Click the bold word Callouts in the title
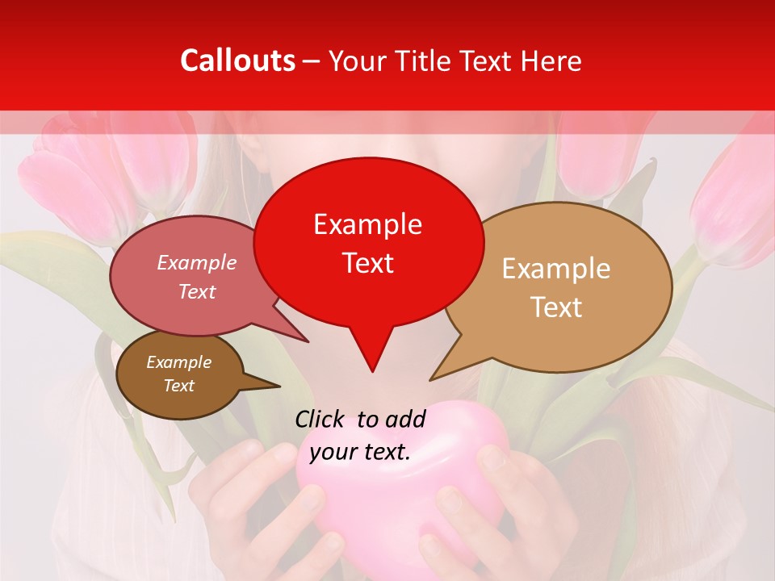click(x=237, y=61)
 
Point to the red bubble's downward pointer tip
click(x=371, y=371)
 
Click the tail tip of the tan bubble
click(x=430, y=379)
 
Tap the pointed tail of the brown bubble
click(x=279, y=387)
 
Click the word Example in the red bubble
click(x=367, y=224)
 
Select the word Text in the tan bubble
click(x=556, y=307)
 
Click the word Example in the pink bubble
click(x=197, y=262)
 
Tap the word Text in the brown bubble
click(x=179, y=386)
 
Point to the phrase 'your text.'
click(x=360, y=452)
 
